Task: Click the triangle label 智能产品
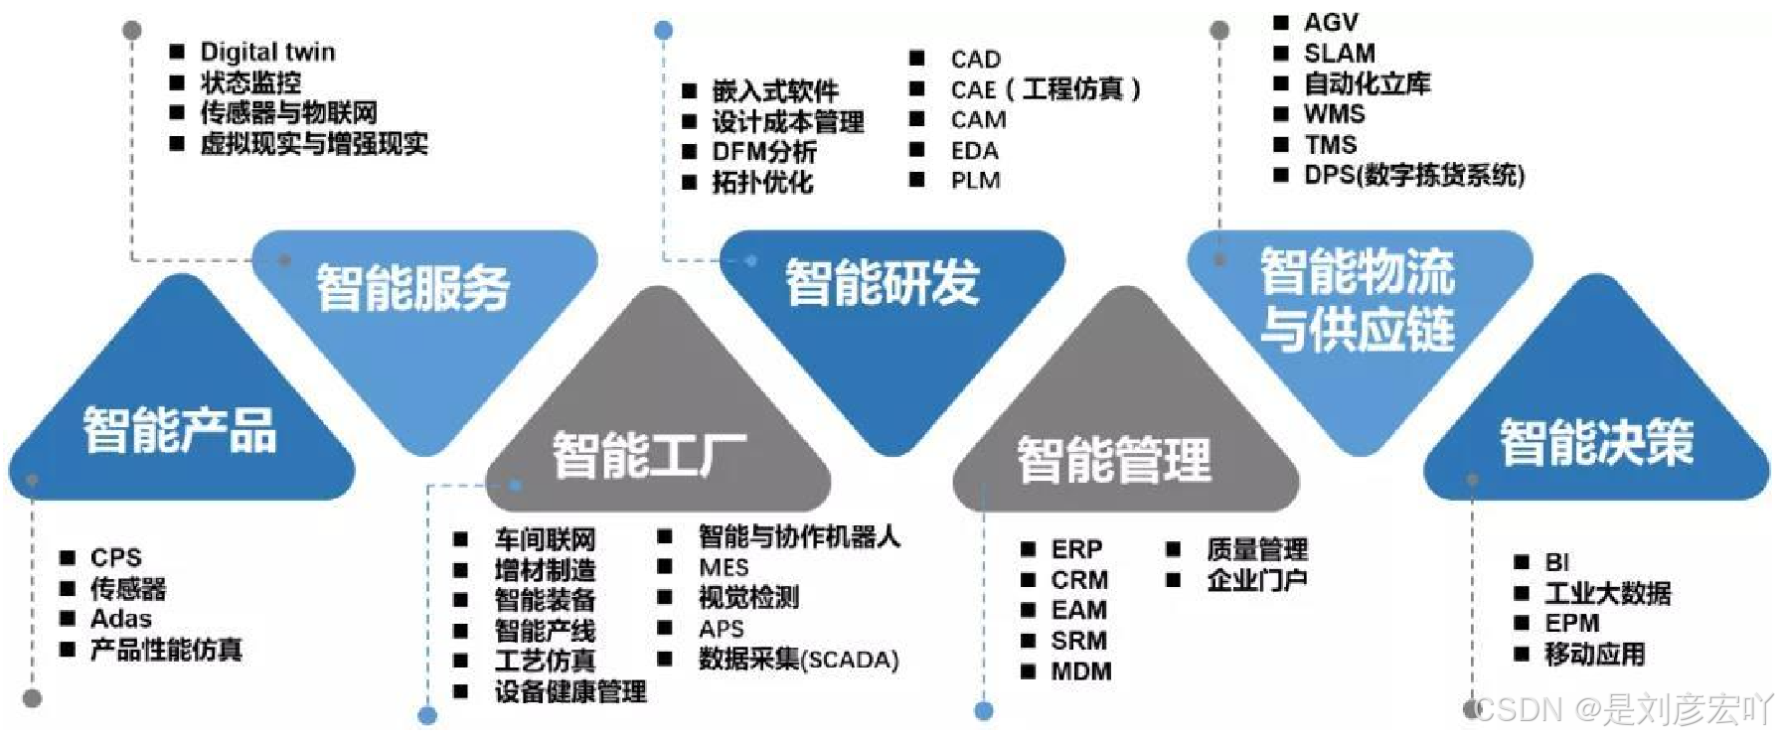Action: point(180,430)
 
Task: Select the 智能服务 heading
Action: point(412,287)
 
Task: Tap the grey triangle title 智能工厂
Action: point(649,454)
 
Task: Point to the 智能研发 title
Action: point(883,282)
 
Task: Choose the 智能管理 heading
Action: point(1114,459)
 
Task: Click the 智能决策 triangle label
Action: point(1596,442)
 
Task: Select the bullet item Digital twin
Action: point(267,52)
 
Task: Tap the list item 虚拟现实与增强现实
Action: point(314,144)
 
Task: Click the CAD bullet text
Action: point(975,60)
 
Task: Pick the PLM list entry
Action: point(975,181)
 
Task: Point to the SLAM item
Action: point(1339,53)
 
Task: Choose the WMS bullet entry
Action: point(1334,114)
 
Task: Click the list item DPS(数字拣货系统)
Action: point(1413,176)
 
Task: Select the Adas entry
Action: point(121,619)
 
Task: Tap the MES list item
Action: point(724,567)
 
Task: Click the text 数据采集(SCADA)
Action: point(798,660)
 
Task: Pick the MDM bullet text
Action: point(1081,671)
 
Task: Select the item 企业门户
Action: point(1256,580)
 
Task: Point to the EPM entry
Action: point(1571,624)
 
